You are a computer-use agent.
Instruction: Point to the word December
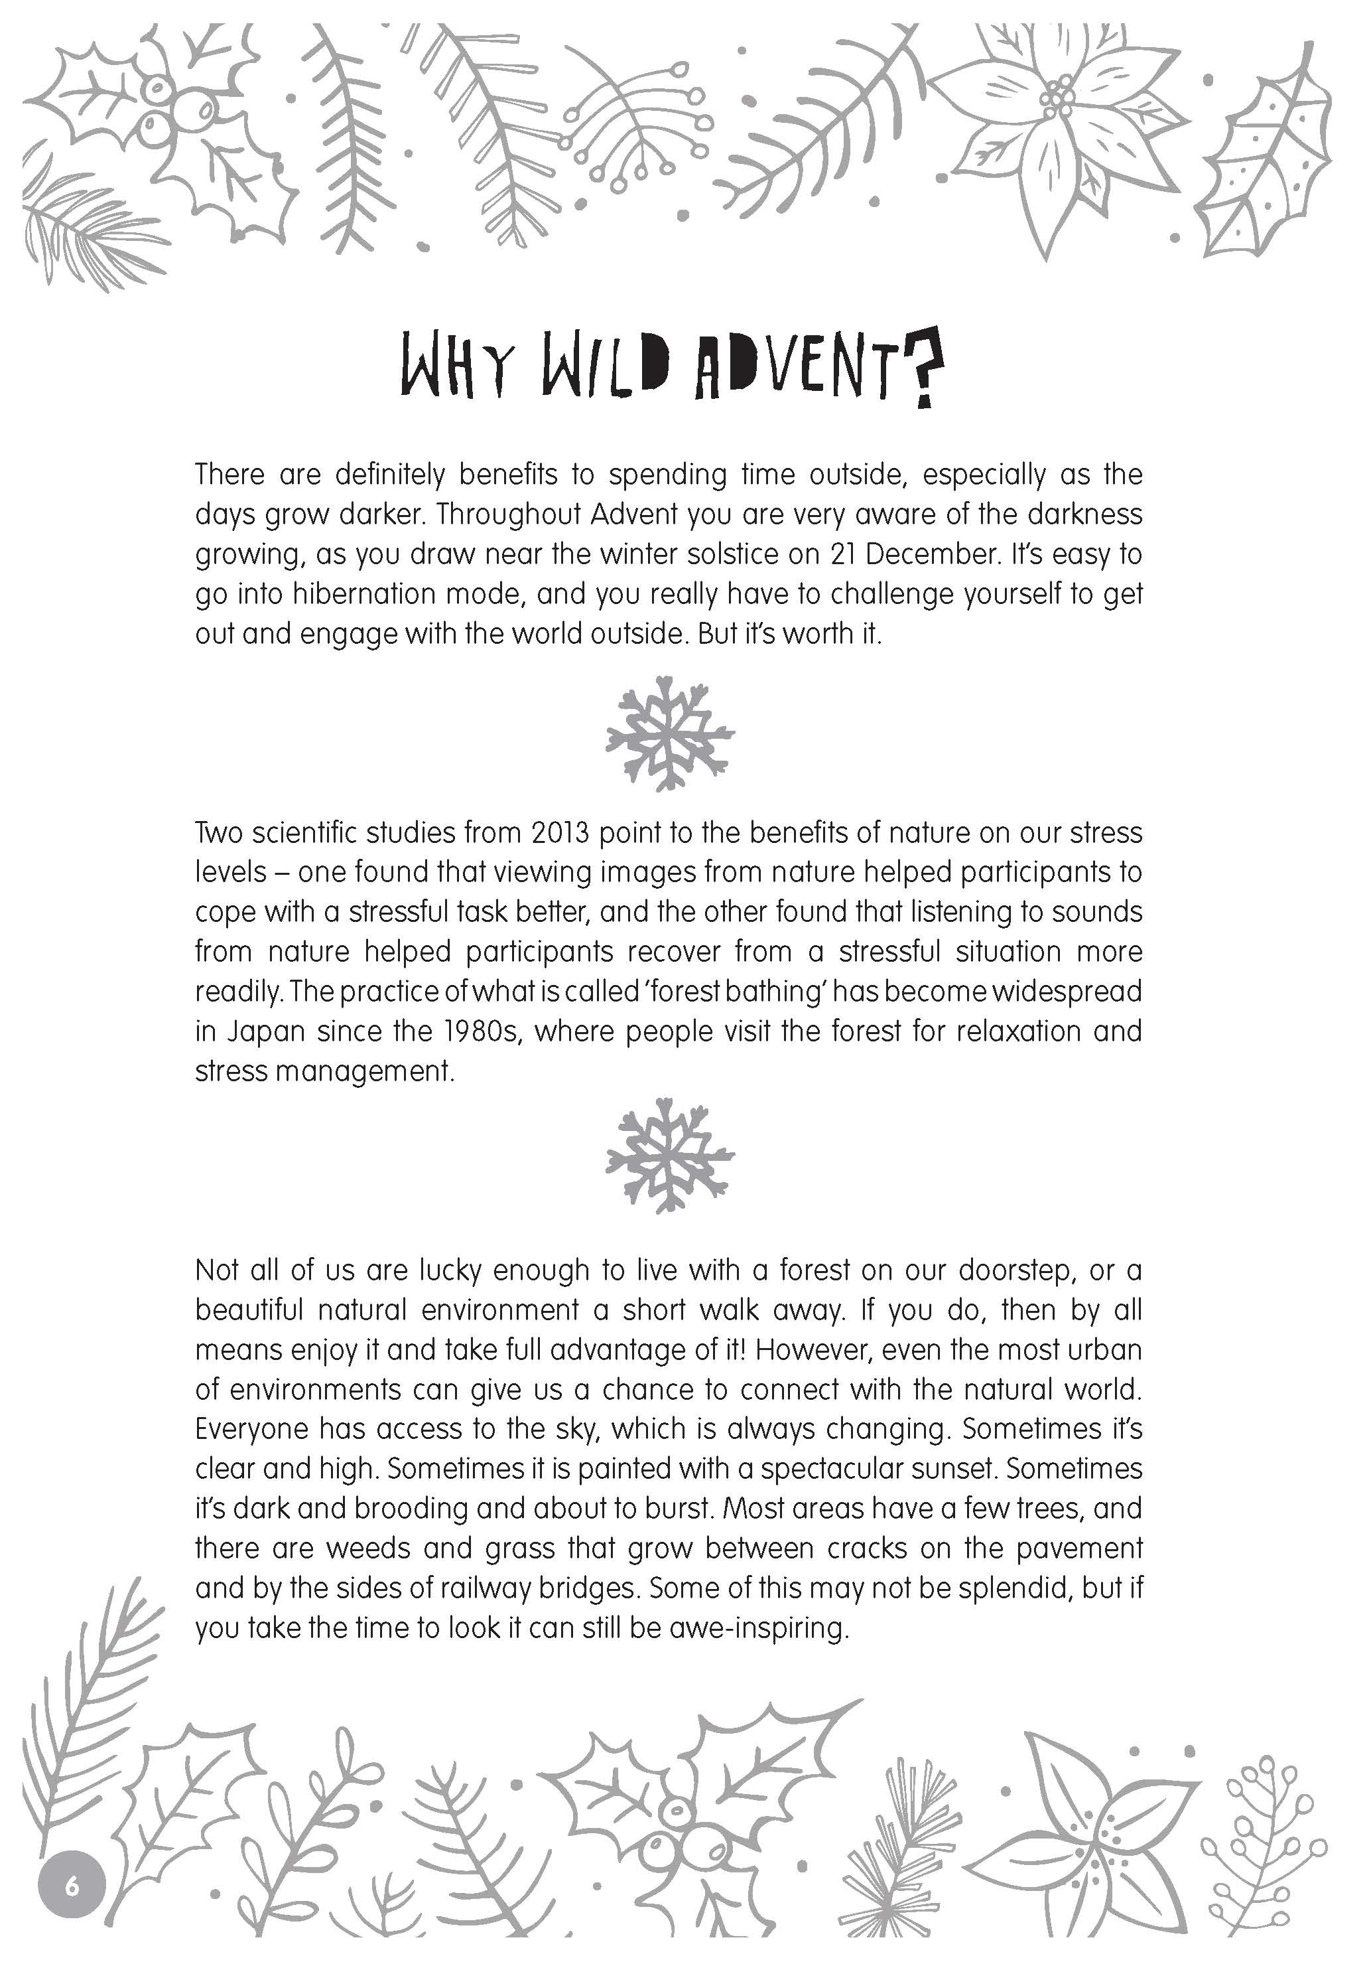click(x=933, y=555)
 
